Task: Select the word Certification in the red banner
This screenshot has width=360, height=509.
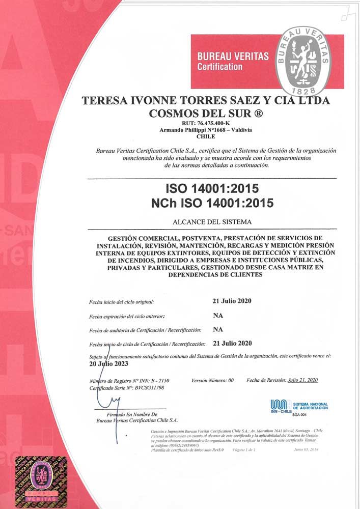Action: (x=220, y=67)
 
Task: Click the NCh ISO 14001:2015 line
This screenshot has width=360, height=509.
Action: (x=212, y=203)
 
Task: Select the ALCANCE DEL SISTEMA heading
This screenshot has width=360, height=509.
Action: (x=212, y=222)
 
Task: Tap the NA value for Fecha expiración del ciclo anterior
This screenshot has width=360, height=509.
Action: (x=218, y=315)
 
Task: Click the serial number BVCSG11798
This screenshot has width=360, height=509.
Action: (x=148, y=387)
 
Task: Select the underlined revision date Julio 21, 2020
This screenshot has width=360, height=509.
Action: (x=302, y=380)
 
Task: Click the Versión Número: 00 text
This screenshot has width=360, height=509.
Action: (x=212, y=380)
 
